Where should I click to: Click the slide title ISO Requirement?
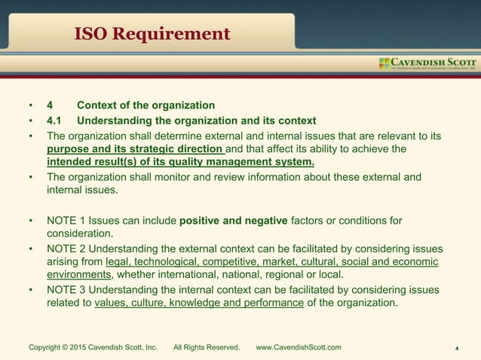click(x=152, y=34)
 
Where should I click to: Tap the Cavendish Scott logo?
click(x=427, y=63)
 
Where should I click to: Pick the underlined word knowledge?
click(x=199, y=304)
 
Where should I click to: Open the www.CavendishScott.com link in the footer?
click(x=299, y=347)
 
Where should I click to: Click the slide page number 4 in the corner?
click(x=458, y=348)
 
